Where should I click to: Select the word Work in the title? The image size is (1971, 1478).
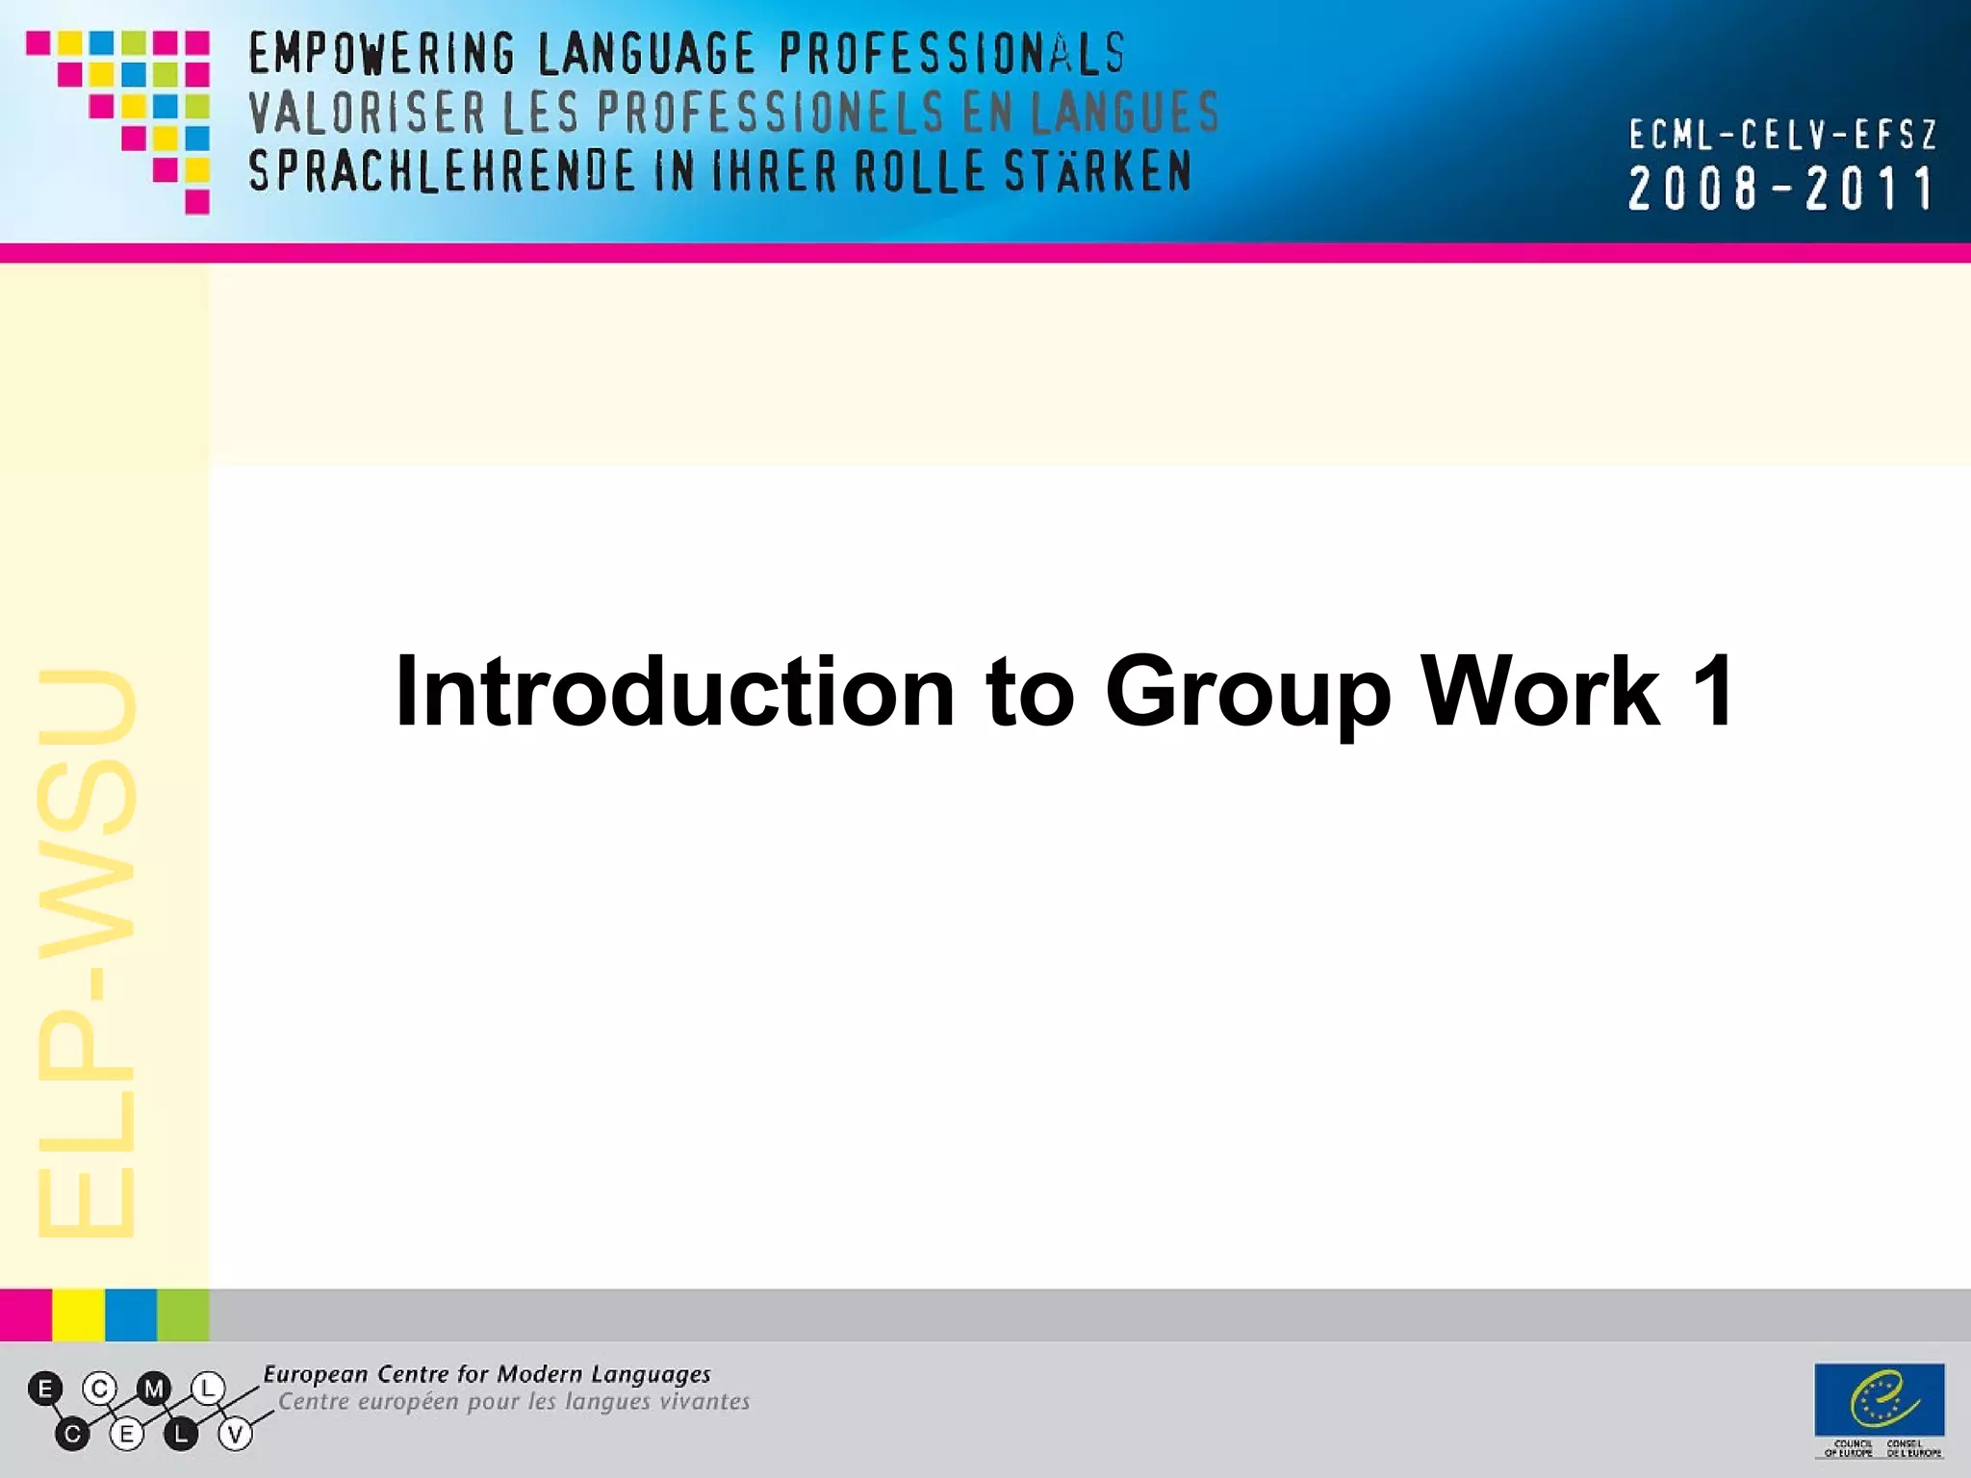click(x=1540, y=691)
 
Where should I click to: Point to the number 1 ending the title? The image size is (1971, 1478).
click(x=1712, y=691)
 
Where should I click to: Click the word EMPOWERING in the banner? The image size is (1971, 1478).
click(x=381, y=54)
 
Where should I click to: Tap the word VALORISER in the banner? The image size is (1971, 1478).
click(x=367, y=113)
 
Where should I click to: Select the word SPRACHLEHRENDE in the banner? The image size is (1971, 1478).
click(x=442, y=172)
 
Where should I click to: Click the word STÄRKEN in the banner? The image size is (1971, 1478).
click(x=1097, y=172)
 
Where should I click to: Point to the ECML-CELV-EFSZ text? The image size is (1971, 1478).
click(x=1781, y=136)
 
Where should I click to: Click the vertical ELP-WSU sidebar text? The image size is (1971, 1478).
click(x=87, y=953)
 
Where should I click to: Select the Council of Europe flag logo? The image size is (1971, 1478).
click(x=1879, y=1401)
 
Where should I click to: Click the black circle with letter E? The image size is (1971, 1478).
click(x=45, y=1389)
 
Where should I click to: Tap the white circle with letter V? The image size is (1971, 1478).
click(x=235, y=1435)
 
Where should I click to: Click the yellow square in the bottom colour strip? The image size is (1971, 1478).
click(x=78, y=1314)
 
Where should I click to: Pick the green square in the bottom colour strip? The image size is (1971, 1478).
click(x=183, y=1314)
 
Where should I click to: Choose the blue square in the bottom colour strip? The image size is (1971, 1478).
click(x=131, y=1314)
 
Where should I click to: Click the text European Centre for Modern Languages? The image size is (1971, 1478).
click(x=487, y=1374)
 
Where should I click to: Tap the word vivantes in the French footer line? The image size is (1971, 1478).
click(x=704, y=1402)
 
